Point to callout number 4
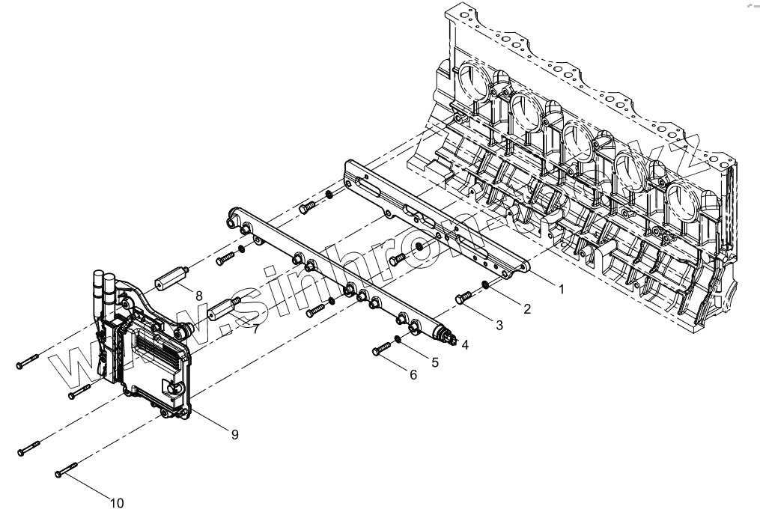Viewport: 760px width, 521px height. pyautogui.click(x=465, y=345)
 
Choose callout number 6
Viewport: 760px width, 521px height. pyautogui.click(x=413, y=374)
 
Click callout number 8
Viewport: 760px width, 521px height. pyautogui.click(x=198, y=296)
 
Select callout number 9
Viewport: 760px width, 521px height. pyautogui.click(x=234, y=434)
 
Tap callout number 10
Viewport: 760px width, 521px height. pyautogui.click(x=117, y=502)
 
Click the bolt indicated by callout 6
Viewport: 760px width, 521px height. pyautogui.click(x=381, y=348)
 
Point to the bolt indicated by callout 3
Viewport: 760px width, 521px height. pyautogui.click(x=463, y=299)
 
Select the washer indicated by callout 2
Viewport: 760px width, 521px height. pyautogui.click(x=487, y=284)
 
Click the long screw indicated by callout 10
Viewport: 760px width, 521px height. pyautogui.click(x=67, y=470)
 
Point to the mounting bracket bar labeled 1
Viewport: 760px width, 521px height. pyautogui.click(x=434, y=217)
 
